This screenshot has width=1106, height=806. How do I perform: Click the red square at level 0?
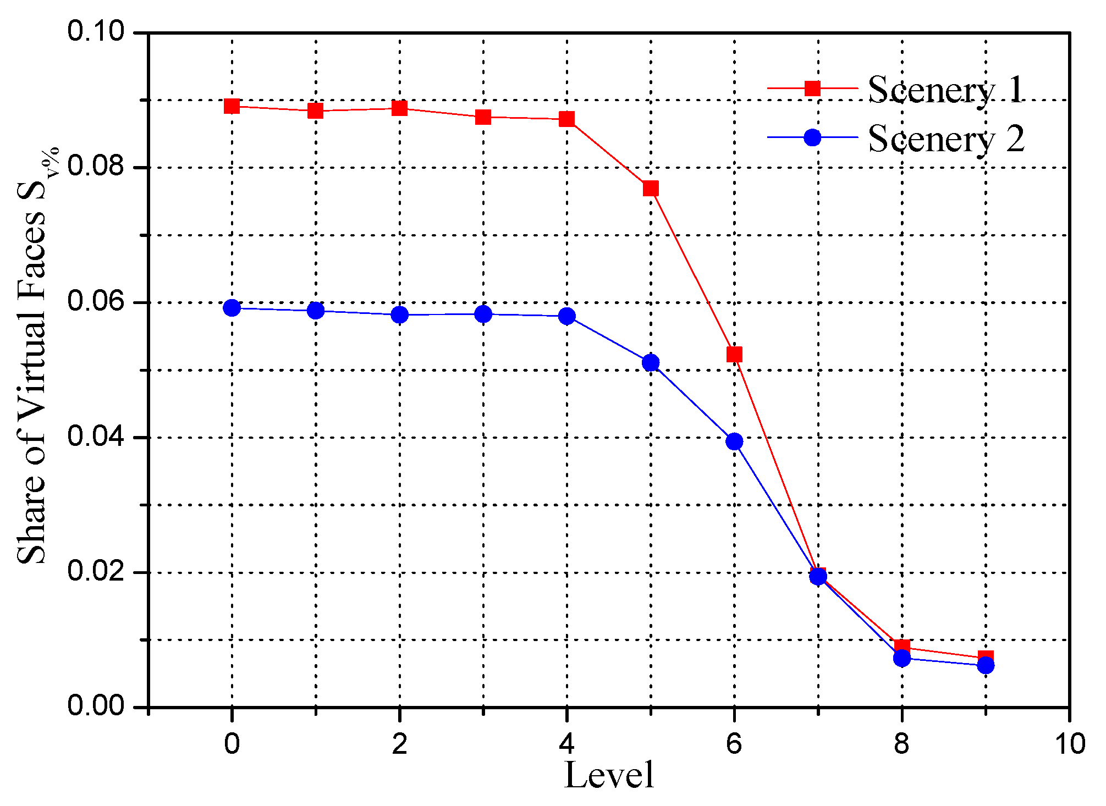(232, 106)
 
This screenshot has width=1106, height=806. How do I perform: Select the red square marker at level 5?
(651, 189)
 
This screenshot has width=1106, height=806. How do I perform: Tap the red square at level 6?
(734, 354)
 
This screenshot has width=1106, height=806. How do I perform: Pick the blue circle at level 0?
(232, 308)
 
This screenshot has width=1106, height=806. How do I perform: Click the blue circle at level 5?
(651, 362)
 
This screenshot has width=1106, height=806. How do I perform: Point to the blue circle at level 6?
(734, 441)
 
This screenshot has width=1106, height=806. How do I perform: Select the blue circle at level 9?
(986, 666)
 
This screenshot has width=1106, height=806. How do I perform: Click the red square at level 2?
(399, 108)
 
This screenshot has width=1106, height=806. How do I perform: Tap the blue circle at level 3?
(483, 314)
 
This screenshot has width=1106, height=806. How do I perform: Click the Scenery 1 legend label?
(946, 89)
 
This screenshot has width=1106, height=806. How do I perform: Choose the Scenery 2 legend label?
(946, 139)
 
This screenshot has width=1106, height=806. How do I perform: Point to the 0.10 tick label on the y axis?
(96, 31)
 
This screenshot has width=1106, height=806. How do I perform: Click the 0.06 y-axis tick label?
(96, 302)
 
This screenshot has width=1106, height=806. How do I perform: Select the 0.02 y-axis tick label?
(96, 572)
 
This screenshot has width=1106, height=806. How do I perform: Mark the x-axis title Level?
(609, 776)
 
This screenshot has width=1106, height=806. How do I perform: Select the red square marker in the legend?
(812, 88)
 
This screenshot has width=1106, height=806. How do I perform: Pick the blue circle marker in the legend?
(812, 137)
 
